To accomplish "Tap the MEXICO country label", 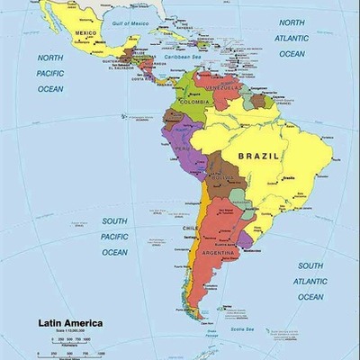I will point(85,33).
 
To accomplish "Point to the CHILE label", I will point(190,229).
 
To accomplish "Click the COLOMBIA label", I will point(193,102).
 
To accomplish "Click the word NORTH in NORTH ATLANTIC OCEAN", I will point(292,22).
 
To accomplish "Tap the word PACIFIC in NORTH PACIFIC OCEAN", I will point(50,73).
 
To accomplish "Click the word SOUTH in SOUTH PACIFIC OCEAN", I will point(114,220).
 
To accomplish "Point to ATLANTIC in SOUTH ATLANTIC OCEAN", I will point(310,282).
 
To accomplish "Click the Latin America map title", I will point(69,322).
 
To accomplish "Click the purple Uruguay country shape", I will point(245,238).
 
